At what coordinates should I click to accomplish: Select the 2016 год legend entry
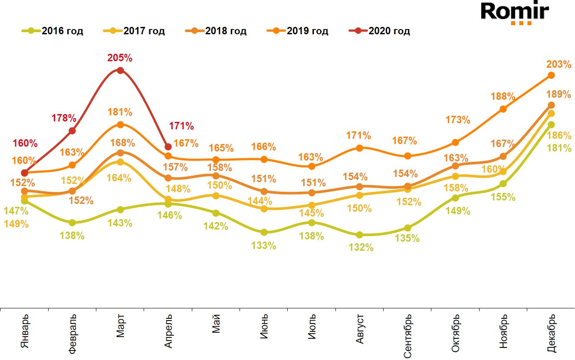pos(53,31)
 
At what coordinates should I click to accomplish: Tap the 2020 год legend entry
pos(379,31)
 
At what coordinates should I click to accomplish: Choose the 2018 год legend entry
pos(216,31)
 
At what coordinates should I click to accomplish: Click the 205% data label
pos(120,58)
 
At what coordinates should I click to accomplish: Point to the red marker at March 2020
pos(121,70)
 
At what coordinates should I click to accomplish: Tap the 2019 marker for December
pos(552,75)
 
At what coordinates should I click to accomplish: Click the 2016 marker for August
pos(359,235)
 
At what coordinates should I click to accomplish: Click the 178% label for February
pos(64,118)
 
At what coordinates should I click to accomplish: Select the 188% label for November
pos(503,96)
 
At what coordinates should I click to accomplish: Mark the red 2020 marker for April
pos(168,147)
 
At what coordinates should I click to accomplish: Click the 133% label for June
pos(264,245)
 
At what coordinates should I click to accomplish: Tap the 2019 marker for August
pos(359,148)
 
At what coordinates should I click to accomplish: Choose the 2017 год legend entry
pos(135,31)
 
